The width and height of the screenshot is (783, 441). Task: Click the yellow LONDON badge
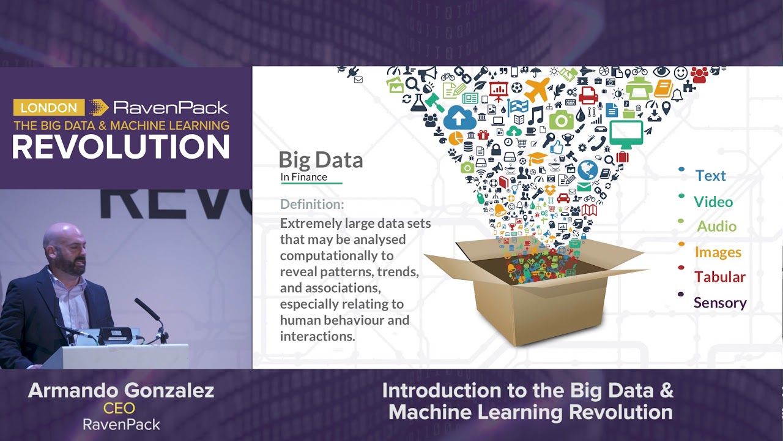coord(49,108)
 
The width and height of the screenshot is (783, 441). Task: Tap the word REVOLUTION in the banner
coord(121,148)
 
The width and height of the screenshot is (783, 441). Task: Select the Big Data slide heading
coord(321,160)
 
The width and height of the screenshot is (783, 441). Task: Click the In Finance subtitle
coord(304,177)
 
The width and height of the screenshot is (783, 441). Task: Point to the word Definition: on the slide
coord(312,204)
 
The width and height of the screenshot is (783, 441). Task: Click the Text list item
coord(710,176)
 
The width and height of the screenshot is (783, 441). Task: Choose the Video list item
coord(713,202)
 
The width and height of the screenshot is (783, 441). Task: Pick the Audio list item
coord(716,226)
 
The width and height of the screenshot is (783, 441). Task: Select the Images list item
coord(718,252)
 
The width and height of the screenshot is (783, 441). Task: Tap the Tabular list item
coord(719,277)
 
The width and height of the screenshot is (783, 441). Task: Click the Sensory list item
coord(720,303)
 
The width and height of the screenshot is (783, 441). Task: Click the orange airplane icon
coord(537,90)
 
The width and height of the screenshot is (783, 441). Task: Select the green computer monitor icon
coord(626,134)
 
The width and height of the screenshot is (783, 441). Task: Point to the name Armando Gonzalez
coord(121,391)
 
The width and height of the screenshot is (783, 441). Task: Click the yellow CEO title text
coord(119,409)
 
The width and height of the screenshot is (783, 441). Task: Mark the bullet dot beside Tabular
coord(681,268)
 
